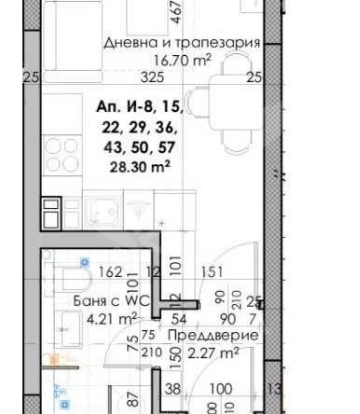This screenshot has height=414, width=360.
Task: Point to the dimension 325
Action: click(x=138, y=78)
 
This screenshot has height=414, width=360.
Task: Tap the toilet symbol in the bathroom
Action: click(x=70, y=277)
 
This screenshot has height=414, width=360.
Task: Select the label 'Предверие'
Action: click(x=214, y=336)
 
